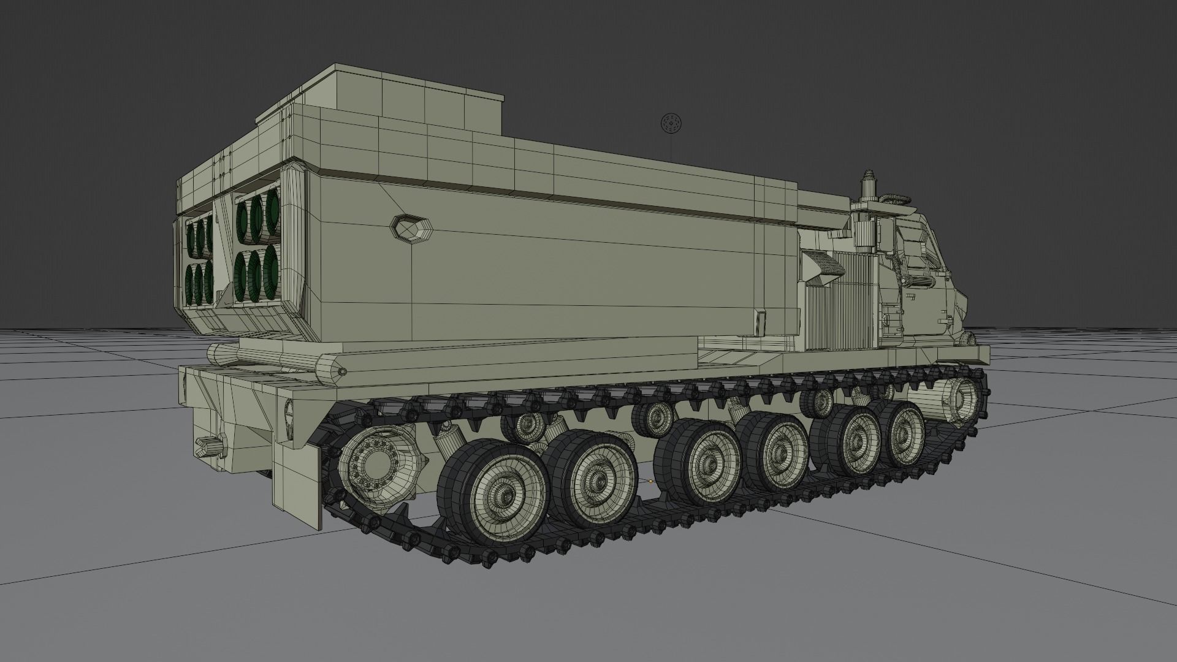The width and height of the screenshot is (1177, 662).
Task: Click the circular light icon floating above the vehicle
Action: click(x=671, y=124)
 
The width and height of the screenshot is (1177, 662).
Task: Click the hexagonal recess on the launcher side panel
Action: click(x=412, y=228)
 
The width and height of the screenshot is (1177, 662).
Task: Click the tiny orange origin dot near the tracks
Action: click(x=650, y=481)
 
